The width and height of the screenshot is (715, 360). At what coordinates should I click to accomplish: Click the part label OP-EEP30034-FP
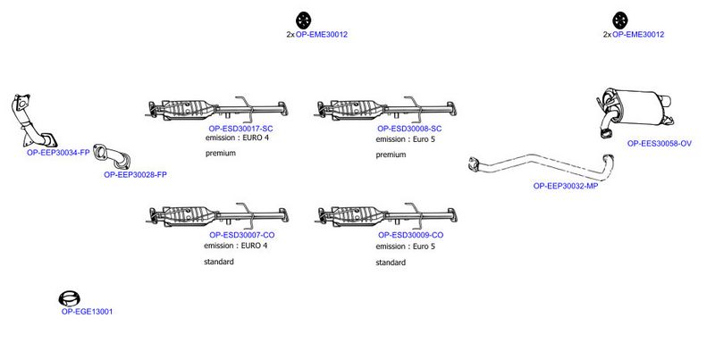(x=58, y=153)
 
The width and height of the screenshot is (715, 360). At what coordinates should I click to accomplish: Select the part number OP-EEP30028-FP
(x=136, y=174)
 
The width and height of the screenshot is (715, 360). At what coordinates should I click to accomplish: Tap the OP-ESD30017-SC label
(x=240, y=129)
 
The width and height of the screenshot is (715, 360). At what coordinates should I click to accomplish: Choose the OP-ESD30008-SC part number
(x=409, y=129)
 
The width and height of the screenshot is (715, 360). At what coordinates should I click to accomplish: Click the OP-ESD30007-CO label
(x=242, y=235)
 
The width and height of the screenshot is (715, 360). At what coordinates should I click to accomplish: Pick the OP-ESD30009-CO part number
(x=411, y=235)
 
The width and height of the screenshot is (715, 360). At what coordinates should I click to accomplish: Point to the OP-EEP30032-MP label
(x=566, y=186)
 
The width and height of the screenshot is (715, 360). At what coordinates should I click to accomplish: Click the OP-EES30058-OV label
(x=660, y=143)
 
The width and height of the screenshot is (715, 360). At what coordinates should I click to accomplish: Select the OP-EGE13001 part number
(x=87, y=312)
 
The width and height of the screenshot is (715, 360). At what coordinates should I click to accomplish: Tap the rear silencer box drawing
(x=635, y=109)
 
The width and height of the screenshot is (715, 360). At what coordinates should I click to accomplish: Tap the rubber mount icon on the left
(x=303, y=21)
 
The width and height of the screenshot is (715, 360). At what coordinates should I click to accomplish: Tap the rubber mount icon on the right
(x=620, y=21)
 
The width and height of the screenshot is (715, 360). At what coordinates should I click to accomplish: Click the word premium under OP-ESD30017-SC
(x=221, y=153)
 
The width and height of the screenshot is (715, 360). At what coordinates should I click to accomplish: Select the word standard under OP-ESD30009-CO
(x=391, y=263)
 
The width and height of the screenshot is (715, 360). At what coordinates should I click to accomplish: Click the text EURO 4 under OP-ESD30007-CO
(x=254, y=246)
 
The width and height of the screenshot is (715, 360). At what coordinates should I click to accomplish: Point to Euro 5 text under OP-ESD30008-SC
(x=424, y=139)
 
